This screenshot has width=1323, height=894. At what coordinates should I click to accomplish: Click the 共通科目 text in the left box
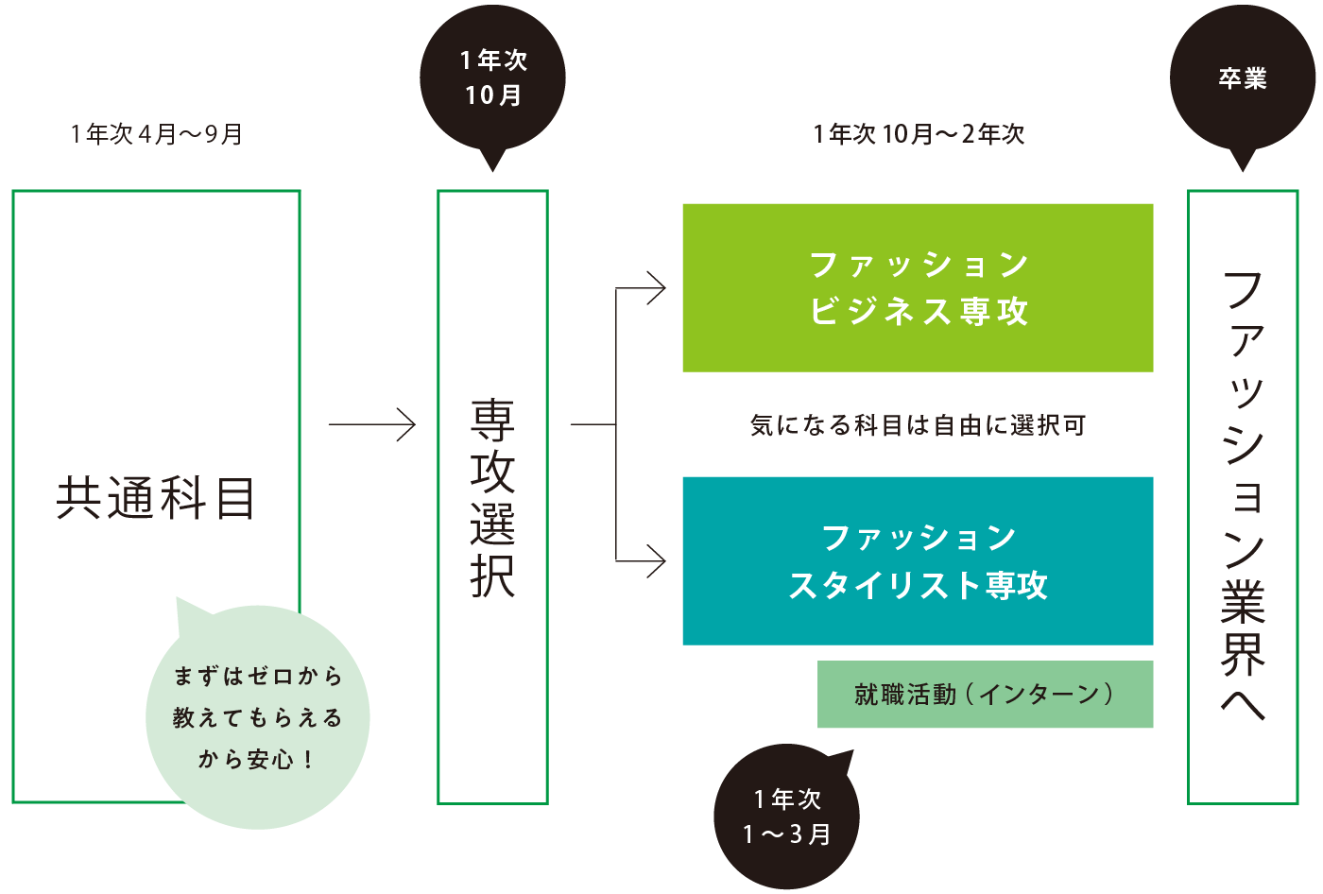[156, 498]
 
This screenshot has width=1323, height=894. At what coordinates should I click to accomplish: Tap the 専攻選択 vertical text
[492, 498]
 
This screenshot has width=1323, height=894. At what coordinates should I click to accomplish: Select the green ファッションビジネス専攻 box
[918, 287]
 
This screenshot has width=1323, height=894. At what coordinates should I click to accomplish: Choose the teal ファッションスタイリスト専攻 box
[918, 560]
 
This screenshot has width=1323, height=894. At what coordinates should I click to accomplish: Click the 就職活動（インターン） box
[985, 695]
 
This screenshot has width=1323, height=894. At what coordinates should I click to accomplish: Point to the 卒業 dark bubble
[1242, 78]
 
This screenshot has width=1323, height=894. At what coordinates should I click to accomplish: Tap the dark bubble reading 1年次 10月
[492, 78]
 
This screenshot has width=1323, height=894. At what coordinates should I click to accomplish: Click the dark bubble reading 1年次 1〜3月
[786, 817]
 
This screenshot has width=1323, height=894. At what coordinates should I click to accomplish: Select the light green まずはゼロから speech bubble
[257, 718]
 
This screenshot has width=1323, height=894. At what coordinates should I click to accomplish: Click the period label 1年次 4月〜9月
[157, 134]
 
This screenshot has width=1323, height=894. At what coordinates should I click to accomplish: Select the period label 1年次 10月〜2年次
[919, 134]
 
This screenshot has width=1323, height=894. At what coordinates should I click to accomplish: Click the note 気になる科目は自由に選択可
[918, 425]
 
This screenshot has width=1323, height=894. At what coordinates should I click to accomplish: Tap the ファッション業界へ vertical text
[1243, 496]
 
